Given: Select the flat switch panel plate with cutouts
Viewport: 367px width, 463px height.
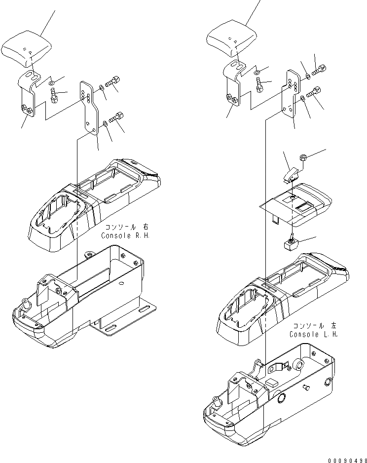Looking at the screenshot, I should tap(296, 203).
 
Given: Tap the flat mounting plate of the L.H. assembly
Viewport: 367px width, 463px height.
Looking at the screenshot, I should tap(291, 94).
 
